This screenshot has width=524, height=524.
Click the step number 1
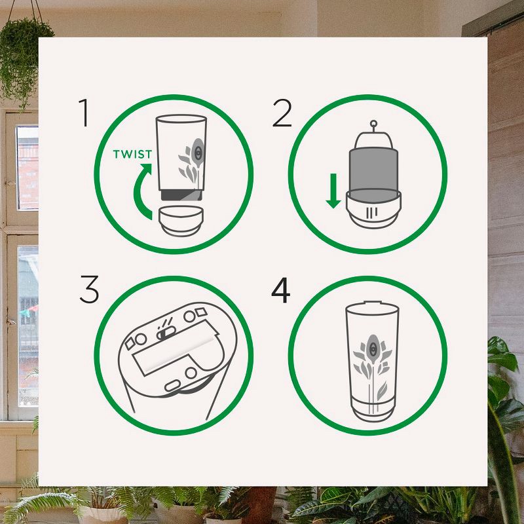[x=84, y=113]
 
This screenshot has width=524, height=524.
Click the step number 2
[x=282, y=113]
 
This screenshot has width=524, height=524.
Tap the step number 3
[x=90, y=290]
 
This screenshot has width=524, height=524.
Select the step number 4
[x=281, y=290]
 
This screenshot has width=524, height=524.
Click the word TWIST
[x=132, y=154]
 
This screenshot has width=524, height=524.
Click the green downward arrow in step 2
[x=333, y=191]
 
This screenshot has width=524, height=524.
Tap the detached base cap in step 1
[x=181, y=221]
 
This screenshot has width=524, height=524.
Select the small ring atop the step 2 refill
[x=373, y=123]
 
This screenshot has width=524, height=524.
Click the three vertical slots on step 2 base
[x=372, y=213]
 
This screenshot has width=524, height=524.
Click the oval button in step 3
[x=172, y=386]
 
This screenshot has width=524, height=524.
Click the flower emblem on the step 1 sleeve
[x=191, y=160]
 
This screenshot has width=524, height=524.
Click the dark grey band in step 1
[x=181, y=195]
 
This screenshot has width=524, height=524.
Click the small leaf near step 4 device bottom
[x=382, y=391]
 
